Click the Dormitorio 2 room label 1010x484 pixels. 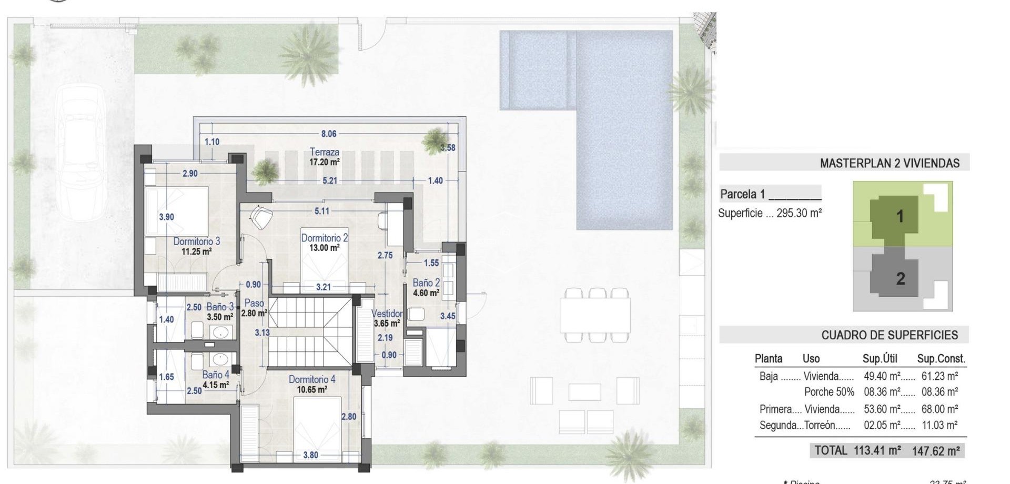coord(325,238)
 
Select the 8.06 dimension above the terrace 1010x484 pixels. coord(329,134)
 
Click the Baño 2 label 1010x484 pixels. coord(426,283)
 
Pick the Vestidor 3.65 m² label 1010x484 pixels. coord(387,318)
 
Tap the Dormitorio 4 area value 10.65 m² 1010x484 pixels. coord(312,390)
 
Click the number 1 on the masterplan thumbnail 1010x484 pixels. coord(900,216)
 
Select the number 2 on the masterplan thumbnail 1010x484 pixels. coord(901,278)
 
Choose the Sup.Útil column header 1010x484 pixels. coord(880,359)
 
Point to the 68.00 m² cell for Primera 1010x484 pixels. coord(940,409)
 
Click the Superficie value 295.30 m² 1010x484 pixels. coord(799,214)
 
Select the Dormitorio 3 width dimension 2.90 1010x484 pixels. coord(190,174)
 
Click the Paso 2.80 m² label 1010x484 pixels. coord(254,308)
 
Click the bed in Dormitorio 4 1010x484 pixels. coord(317,423)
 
